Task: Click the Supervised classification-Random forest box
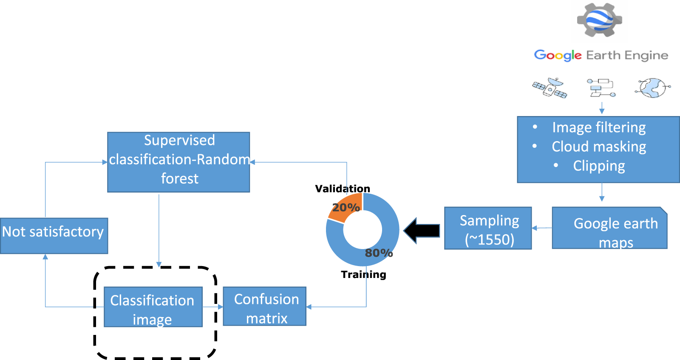[178, 162]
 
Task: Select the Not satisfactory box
[54, 236]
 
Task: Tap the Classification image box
[153, 307]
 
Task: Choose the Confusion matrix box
[265, 306]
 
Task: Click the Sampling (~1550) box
[488, 228]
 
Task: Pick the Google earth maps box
[609, 228]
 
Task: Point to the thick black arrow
[422, 231]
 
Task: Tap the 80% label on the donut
[379, 253]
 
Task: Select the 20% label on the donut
[346, 207]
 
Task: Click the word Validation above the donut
[343, 189]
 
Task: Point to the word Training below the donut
[363, 275]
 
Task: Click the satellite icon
[550, 88]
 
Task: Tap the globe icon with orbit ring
[652, 88]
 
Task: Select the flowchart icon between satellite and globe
[601, 88]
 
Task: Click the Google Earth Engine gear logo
[600, 20]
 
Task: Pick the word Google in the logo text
[558, 55]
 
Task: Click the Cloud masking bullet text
[599, 147]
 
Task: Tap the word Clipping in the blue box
[599, 166]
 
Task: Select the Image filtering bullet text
[599, 128]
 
